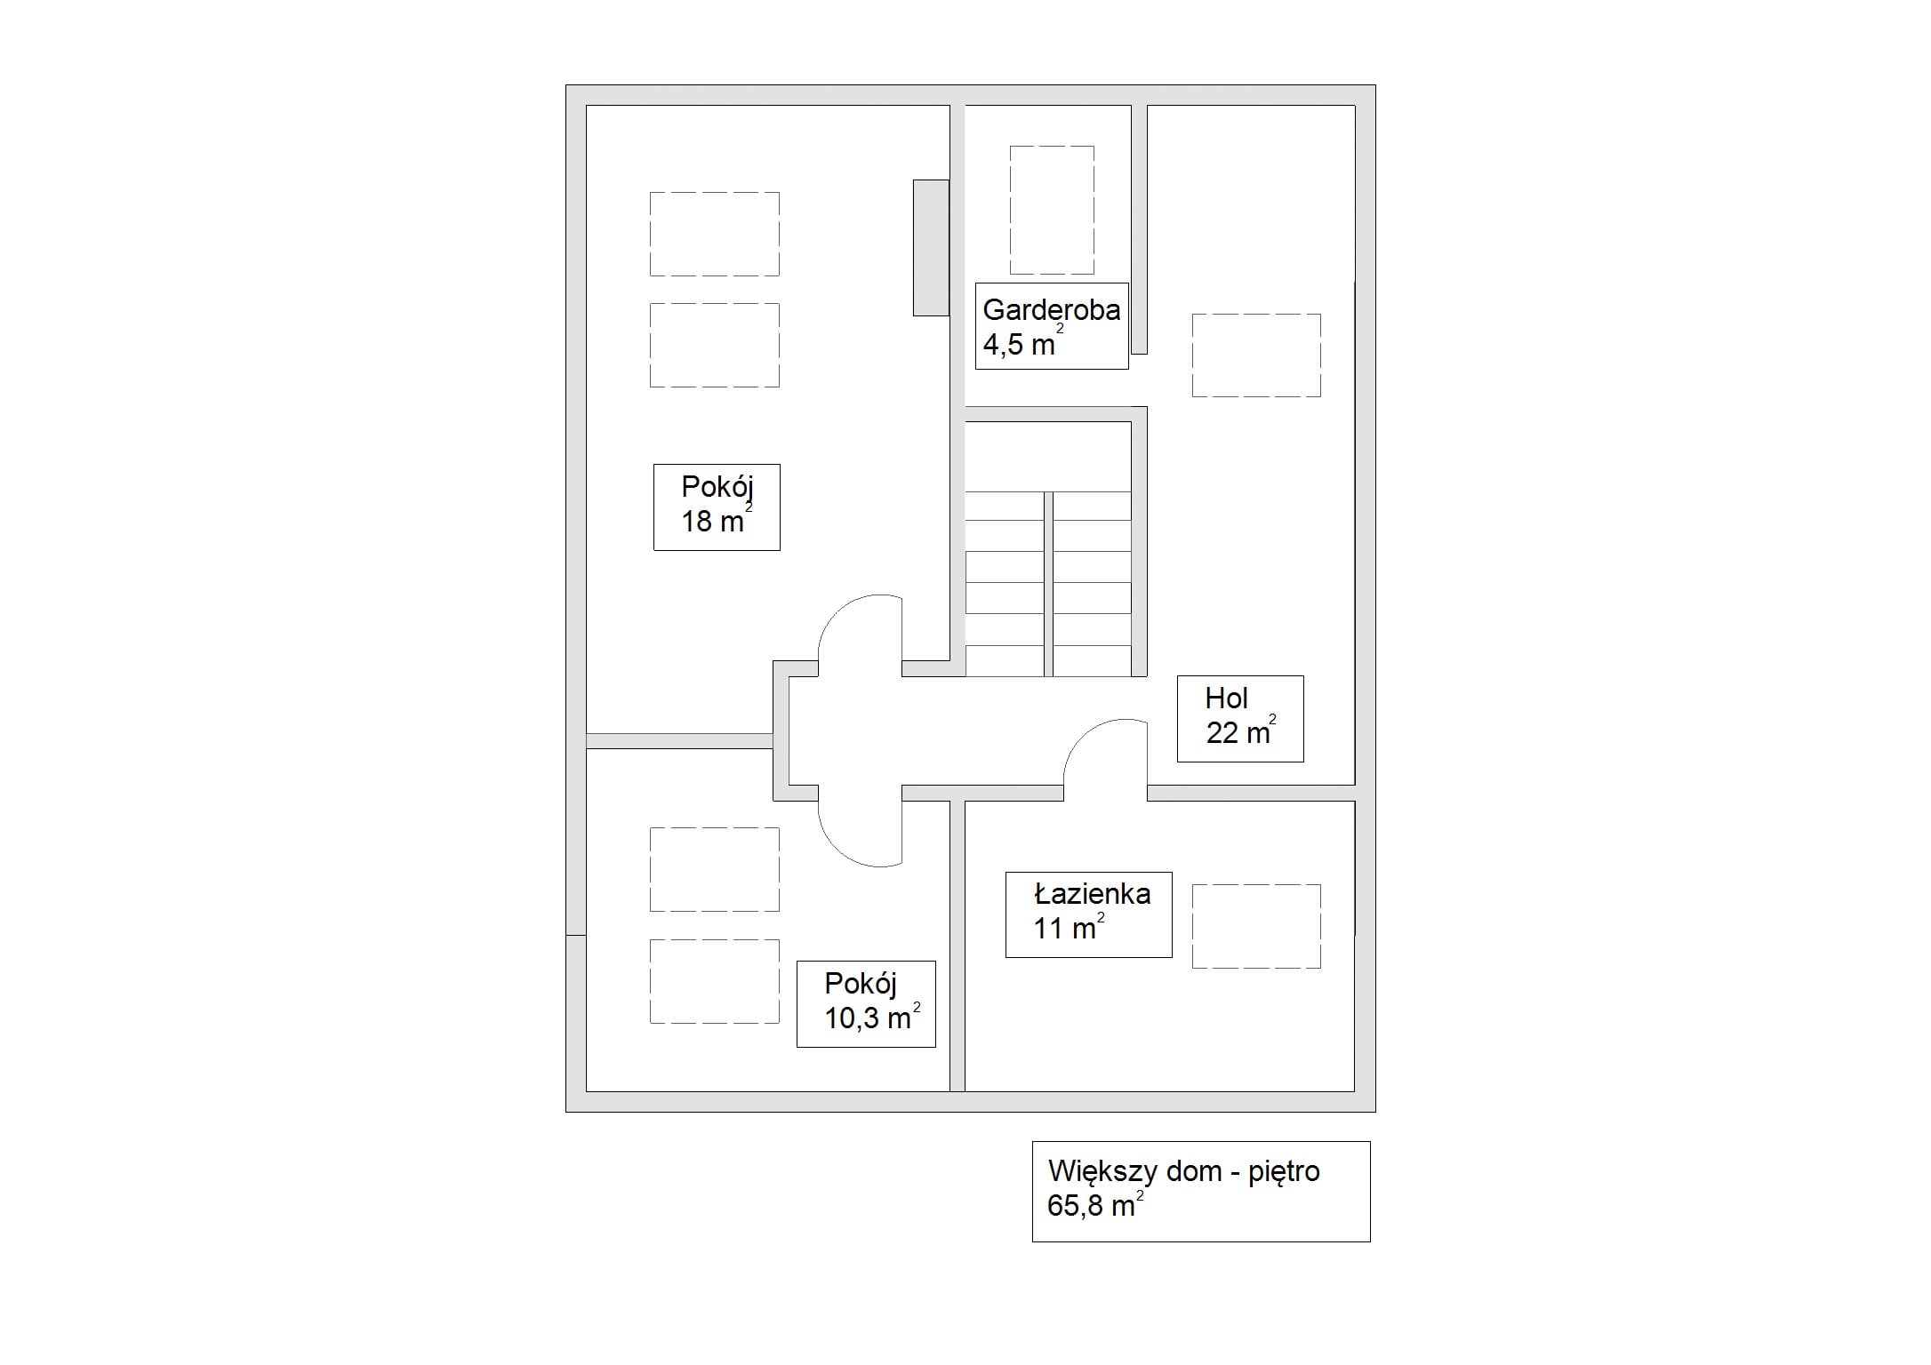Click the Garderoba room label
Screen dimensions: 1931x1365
coord(1051,310)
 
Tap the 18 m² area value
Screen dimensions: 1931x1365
coord(717,519)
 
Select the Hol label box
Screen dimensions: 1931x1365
coord(1240,719)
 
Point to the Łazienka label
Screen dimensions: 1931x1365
coord(1092,894)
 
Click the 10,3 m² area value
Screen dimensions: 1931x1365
coord(872,1017)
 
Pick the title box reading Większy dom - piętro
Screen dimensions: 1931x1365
coord(1201,1192)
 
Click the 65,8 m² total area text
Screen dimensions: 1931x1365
coord(1095,1205)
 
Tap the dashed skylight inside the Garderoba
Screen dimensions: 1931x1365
coord(1052,210)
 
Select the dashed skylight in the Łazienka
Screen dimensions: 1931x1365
coord(1256,926)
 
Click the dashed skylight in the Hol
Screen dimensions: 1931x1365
coord(1256,355)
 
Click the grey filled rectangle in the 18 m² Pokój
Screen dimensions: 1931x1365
coord(931,247)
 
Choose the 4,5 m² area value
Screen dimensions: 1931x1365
coord(1022,342)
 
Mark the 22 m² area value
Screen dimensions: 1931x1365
coord(1241,731)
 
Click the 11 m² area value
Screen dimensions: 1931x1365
coord(1069,927)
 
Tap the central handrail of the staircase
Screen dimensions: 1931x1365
coord(1048,584)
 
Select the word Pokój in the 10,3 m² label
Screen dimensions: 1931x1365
coord(861,984)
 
